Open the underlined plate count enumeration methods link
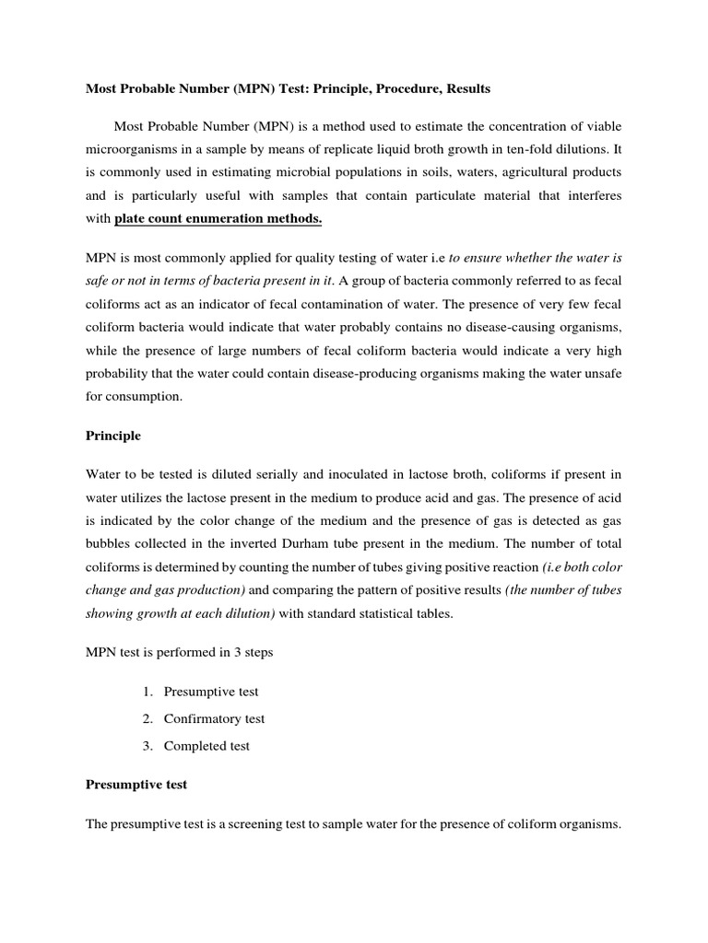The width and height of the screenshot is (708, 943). tap(218, 219)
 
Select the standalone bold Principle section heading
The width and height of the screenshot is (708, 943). tap(113, 435)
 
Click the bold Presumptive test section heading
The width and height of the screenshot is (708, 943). tap(136, 785)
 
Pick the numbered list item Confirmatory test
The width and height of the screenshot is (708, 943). tap(214, 718)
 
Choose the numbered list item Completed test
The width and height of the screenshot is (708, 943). tap(206, 745)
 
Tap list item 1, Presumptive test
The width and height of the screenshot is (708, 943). tap(211, 692)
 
